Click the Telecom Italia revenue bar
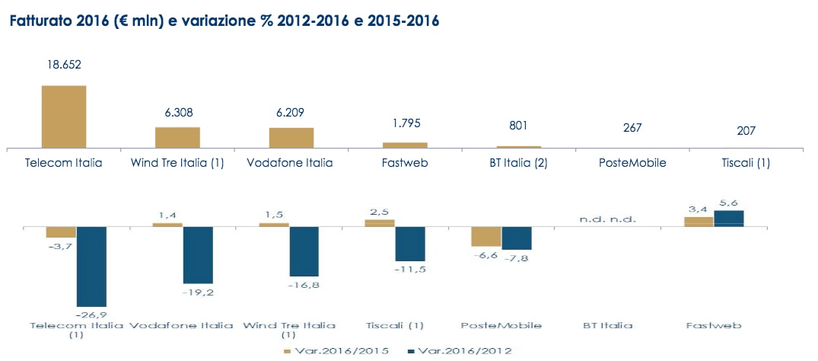click(x=63, y=116)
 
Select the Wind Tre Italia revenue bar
click(x=177, y=137)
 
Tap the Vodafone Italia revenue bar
click(x=291, y=137)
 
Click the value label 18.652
click(x=63, y=65)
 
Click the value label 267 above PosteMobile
click(x=632, y=127)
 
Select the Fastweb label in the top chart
click(x=404, y=163)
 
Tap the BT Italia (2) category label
click(x=518, y=163)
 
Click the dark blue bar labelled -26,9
click(x=91, y=266)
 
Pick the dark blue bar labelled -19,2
click(x=198, y=254)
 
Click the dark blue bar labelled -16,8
click(x=304, y=251)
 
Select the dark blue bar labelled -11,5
click(x=410, y=244)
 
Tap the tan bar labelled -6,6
click(x=486, y=236)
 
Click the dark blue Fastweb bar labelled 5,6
click(x=729, y=219)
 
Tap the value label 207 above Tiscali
click(x=746, y=131)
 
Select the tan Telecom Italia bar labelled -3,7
click(x=61, y=232)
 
